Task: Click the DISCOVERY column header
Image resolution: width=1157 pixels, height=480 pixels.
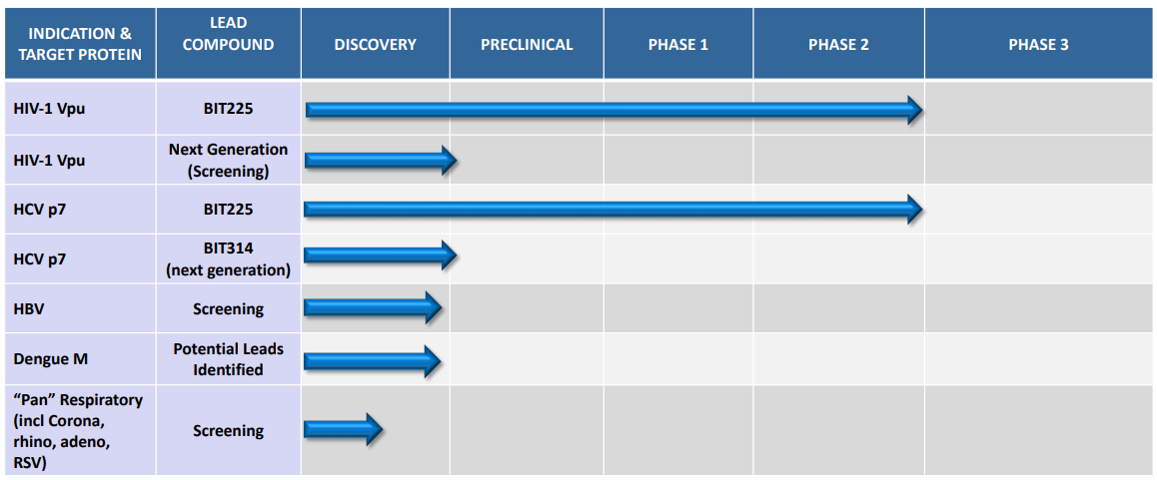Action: point(375,44)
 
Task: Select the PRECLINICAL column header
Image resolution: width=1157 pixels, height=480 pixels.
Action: point(527,44)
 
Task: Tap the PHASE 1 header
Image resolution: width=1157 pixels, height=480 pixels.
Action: point(678,44)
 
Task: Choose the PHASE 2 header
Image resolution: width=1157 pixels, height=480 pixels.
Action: point(838,44)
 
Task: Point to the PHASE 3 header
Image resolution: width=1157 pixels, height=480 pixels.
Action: point(1038,44)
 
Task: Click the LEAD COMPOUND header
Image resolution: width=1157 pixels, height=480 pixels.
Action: point(228,35)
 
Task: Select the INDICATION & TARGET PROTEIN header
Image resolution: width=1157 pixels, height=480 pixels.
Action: point(80,44)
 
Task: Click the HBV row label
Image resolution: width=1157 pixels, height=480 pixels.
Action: point(28,309)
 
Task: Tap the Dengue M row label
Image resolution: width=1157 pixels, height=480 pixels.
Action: point(48,359)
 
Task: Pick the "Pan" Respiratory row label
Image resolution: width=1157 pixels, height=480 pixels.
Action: point(78,429)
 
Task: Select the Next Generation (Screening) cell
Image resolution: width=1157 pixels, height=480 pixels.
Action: point(228,160)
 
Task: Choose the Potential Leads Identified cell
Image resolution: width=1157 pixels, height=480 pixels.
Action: point(228,358)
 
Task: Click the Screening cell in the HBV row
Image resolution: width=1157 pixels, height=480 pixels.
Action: point(228,309)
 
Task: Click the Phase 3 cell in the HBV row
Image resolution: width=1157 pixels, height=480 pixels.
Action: point(1038,308)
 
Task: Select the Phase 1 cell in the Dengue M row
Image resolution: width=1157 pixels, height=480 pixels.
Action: point(678,358)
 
